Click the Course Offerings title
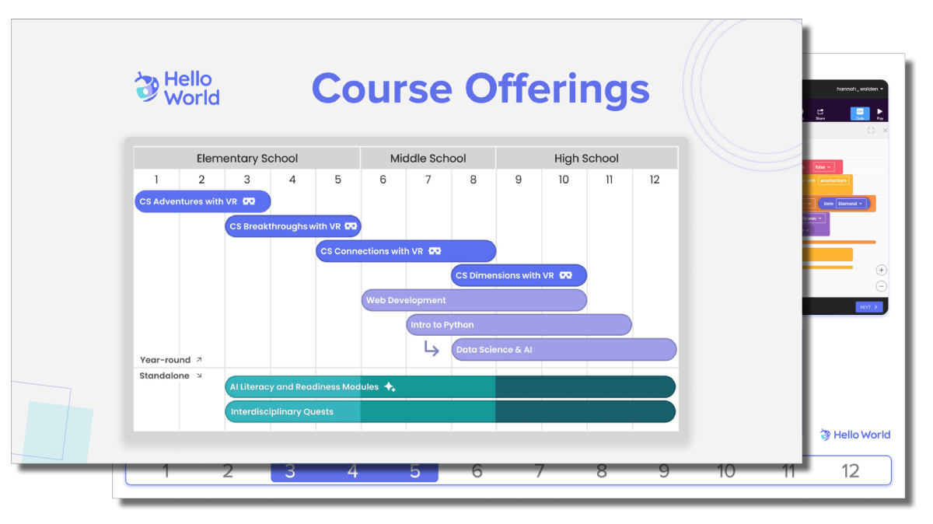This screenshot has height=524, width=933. [480, 89]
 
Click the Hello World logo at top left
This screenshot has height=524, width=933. [176, 89]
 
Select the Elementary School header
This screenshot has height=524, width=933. [246, 159]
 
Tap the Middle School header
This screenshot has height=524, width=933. [428, 159]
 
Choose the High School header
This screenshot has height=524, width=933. [586, 159]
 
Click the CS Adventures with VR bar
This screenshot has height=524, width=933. [202, 201]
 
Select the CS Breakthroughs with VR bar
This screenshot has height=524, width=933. [292, 226]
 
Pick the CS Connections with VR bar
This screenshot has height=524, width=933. [404, 251]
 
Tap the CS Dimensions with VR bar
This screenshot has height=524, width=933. [518, 275]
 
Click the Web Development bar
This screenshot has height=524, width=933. [473, 300]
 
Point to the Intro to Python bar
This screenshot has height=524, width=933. [518, 325]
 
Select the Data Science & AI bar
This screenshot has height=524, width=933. [564, 350]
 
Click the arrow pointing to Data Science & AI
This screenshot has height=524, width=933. [432, 349]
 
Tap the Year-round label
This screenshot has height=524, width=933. [166, 360]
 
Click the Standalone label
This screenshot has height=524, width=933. [165, 376]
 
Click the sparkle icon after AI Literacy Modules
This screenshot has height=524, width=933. [390, 387]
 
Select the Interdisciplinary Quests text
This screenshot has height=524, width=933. [281, 412]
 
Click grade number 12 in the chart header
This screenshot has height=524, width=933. [655, 180]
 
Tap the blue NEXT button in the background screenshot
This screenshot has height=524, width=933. [868, 307]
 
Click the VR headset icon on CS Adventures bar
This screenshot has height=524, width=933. [249, 201]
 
